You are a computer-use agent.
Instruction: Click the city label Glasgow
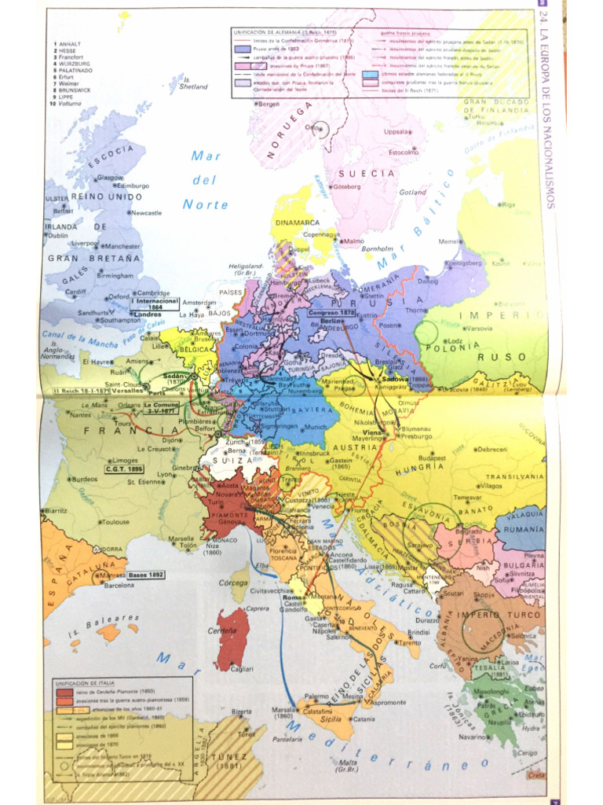pyautogui.click(x=111, y=178)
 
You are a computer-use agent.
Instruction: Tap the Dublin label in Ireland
pyautogui.click(x=57, y=235)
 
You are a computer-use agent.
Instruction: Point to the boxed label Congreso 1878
pyautogui.click(x=332, y=312)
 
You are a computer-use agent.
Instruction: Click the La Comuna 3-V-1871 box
pyautogui.click(x=161, y=407)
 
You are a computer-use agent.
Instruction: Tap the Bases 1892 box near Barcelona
pyautogui.click(x=146, y=575)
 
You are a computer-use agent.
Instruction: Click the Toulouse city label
pyautogui.click(x=115, y=521)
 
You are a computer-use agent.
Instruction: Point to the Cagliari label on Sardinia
pyautogui.click(x=242, y=669)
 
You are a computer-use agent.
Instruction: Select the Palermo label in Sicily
pyautogui.click(x=316, y=696)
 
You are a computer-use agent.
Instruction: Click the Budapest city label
pyautogui.click(x=433, y=458)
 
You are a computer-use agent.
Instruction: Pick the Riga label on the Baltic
pyautogui.click(x=509, y=204)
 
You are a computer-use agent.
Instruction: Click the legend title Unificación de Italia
pyautogui.click(x=81, y=683)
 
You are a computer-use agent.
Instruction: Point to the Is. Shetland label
pyautogui.click(x=194, y=83)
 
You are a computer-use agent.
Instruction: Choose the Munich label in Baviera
pyautogui.click(x=315, y=427)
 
